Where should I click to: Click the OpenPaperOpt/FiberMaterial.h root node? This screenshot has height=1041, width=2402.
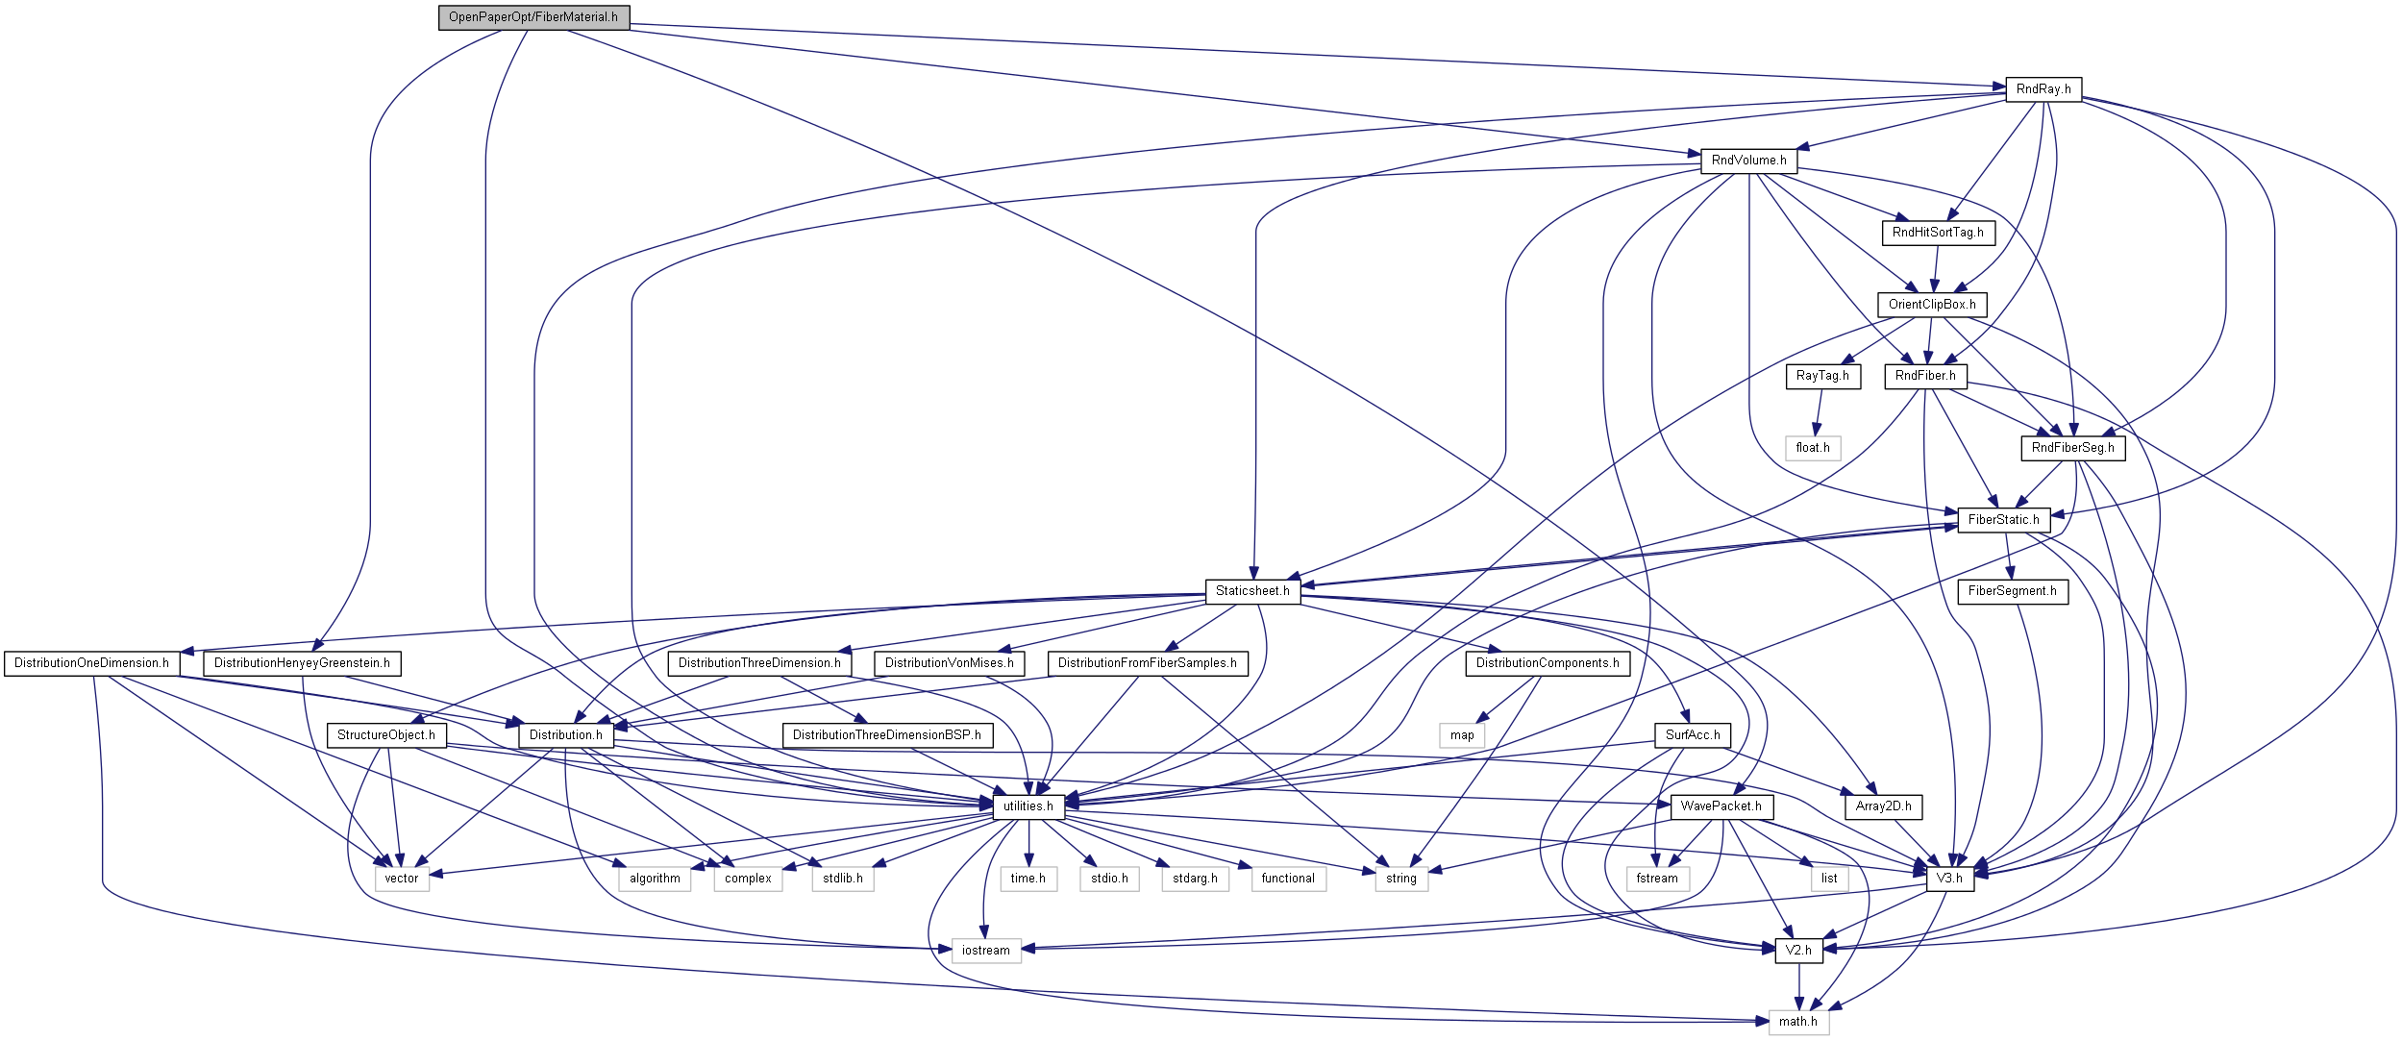pos(533,17)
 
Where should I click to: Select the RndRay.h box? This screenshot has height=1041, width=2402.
pos(2043,89)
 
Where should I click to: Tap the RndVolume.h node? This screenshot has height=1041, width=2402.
pos(1748,161)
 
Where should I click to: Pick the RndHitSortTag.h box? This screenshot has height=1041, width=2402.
pos(1937,233)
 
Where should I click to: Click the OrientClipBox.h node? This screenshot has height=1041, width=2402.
pos(1931,305)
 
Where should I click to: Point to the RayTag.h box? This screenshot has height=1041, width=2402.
pos(1822,376)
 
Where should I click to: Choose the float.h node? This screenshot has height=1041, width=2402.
pos(1813,448)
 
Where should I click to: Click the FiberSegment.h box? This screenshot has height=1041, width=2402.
pos(2012,591)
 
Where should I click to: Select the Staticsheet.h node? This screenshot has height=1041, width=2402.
pos(1252,591)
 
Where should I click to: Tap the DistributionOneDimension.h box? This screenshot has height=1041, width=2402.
pos(91,663)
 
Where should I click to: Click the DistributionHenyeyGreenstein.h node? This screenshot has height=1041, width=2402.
pos(302,663)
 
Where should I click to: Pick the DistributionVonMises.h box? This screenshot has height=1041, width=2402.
pos(949,663)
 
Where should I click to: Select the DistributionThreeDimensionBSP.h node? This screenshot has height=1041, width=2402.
pos(886,735)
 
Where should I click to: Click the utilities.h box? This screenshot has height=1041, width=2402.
pos(1028,806)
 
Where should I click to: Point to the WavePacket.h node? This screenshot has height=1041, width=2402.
pos(1721,806)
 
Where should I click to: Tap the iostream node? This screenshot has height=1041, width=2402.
pos(985,951)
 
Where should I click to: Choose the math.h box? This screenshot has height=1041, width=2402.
pos(1797,1022)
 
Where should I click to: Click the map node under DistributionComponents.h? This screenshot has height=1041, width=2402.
pos(1462,735)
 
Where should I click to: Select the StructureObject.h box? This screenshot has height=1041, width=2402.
pos(385,735)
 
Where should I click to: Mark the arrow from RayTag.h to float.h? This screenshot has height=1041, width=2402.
pos(1818,412)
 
